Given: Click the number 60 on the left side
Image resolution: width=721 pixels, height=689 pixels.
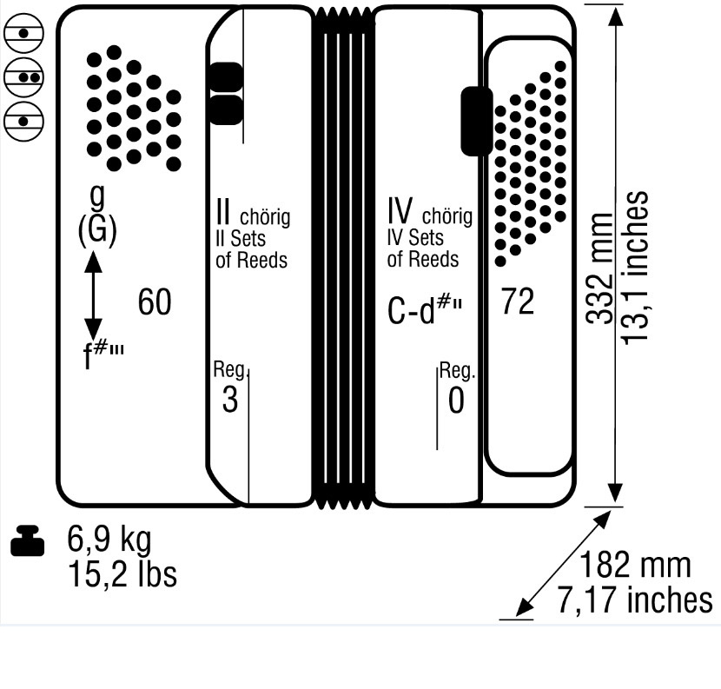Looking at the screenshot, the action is pyautogui.click(x=155, y=301).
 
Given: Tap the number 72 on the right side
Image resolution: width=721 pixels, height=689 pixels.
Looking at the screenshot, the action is pyautogui.click(x=519, y=301).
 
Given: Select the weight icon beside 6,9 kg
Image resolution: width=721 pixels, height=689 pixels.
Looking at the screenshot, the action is pyautogui.click(x=27, y=540).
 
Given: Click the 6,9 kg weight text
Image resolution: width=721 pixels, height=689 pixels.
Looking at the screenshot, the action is pyautogui.click(x=109, y=540).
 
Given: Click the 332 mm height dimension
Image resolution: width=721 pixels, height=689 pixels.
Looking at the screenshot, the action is pyautogui.click(x=600, y=268).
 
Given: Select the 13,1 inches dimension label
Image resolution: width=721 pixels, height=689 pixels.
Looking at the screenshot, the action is pyautogui.click(x=635, y=267).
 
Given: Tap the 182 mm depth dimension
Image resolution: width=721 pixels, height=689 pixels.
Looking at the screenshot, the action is pyautogui.click(x=635, y=565).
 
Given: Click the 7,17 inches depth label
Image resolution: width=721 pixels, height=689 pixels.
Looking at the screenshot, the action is pyautogui.click(x=635, y=600).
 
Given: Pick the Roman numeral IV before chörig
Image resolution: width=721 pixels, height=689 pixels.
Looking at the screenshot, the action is pyautogui.click(x=400, y=210).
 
